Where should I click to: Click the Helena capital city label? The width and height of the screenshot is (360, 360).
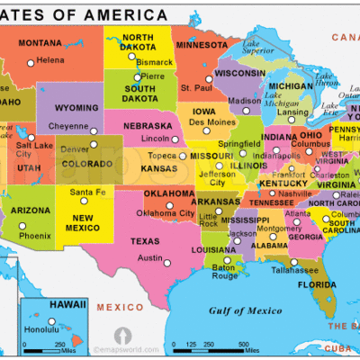pyautogui.click(x=49, y=60)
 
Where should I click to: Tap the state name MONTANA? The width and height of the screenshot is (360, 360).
pyautogui.click(x=40, y=43)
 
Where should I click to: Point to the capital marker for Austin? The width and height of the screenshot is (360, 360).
pyautogui.click(x=166, y=261)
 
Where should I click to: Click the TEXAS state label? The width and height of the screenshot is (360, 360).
pyautogui.click(x=145, y=241)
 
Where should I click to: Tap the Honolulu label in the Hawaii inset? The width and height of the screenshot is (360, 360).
pyautogui.click(x=40, y=328)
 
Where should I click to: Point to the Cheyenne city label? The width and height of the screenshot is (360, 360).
pyautogui.click(x=67, y=127)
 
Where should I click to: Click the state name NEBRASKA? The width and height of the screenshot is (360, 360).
pyautogui.click(x=148, y=126)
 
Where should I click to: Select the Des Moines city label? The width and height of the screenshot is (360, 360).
pyautogui.click(x=211, y=121)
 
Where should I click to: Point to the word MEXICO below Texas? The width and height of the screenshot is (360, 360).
pyautogui.click(x=114, y=308)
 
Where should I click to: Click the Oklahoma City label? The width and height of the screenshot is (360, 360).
pyautogui.click(x=165, y=213)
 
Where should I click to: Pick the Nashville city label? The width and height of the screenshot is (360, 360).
pyautogui.click(x=294, y=193)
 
